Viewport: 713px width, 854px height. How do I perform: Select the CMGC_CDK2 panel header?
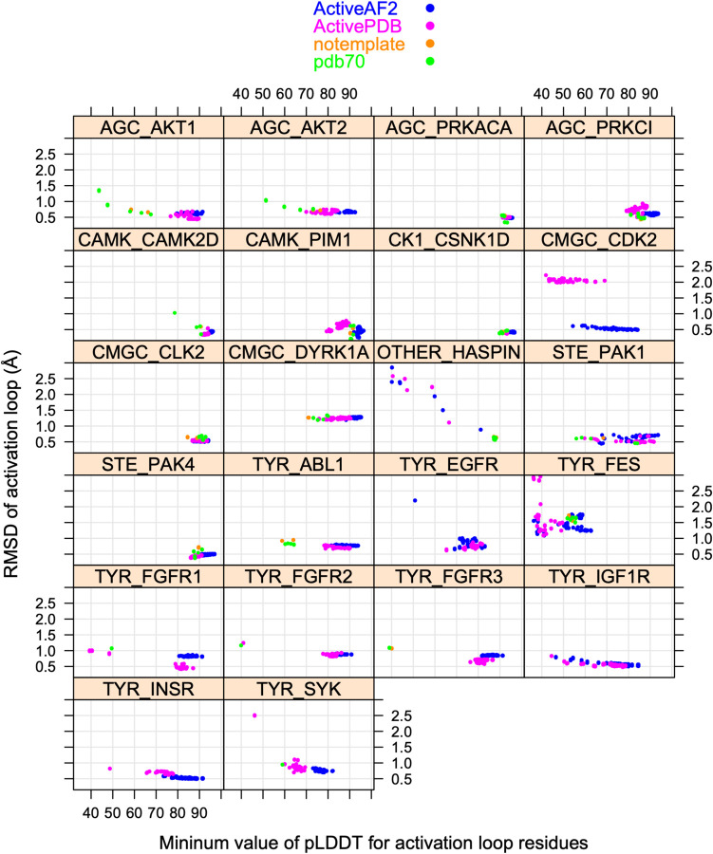coord(600,239)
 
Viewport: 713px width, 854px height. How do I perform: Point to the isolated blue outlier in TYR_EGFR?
coord(415,500)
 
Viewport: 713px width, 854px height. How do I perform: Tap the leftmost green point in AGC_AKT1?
coord(99,190)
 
